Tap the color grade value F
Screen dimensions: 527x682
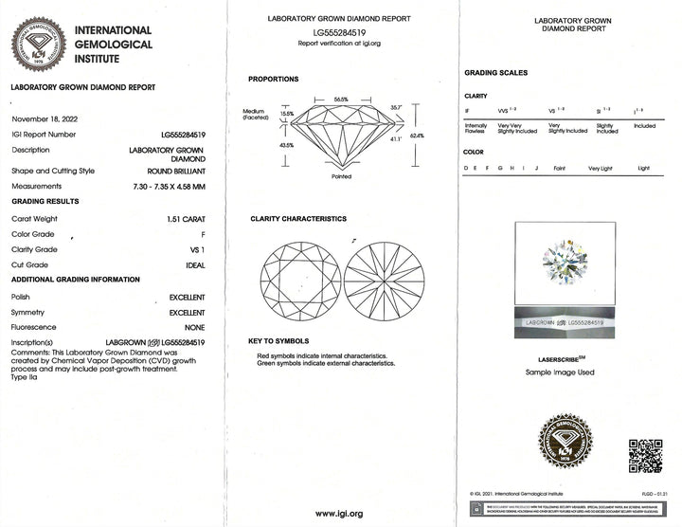click(202, 233)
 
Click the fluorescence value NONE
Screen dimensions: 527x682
click(193, 325)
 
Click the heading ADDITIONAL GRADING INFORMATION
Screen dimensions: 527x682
click(75, 280)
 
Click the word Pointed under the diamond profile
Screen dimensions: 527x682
click(342, 176)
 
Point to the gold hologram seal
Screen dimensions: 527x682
click(565, 443)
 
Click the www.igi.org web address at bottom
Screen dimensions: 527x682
click(339, 513)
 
